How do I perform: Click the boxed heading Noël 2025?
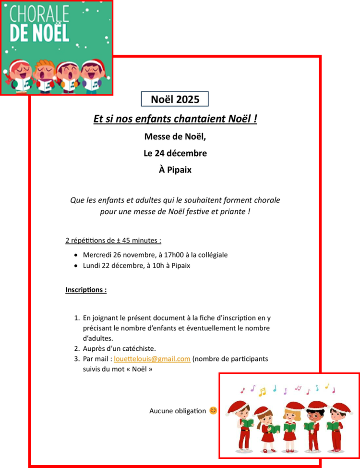[175, 99]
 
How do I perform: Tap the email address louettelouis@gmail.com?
[152, 359]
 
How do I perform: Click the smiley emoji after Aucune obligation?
[213, 410]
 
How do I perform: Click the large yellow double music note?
[262, 392]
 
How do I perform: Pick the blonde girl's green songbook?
[290, 426]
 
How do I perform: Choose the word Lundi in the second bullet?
[92, 265]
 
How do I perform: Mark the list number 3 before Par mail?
[76, 359]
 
